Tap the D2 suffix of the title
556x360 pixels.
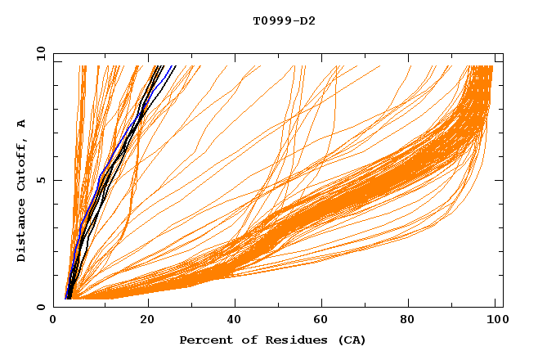pyautogui.click(x=307, y=20)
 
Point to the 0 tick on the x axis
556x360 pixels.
pyautogui.click(x=53, y=322)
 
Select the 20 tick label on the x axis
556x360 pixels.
pyautogui.click(x=147, y=322)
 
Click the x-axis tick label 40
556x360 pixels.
pyautogui.click(x=234, y=322)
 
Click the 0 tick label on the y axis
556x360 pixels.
pyautogui.click(x=41, y=307)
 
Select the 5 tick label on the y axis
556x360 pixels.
pyautogui.click(x=41, y=180)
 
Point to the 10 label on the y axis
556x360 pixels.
pyautogui.click(x=38, y=53)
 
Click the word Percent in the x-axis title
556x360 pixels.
pyautogui.click(x=203, y=340)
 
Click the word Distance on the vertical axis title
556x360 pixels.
pyautogui.click(x=21, y=233)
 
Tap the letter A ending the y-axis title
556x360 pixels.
pyautogui.click(x=21, y=124)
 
